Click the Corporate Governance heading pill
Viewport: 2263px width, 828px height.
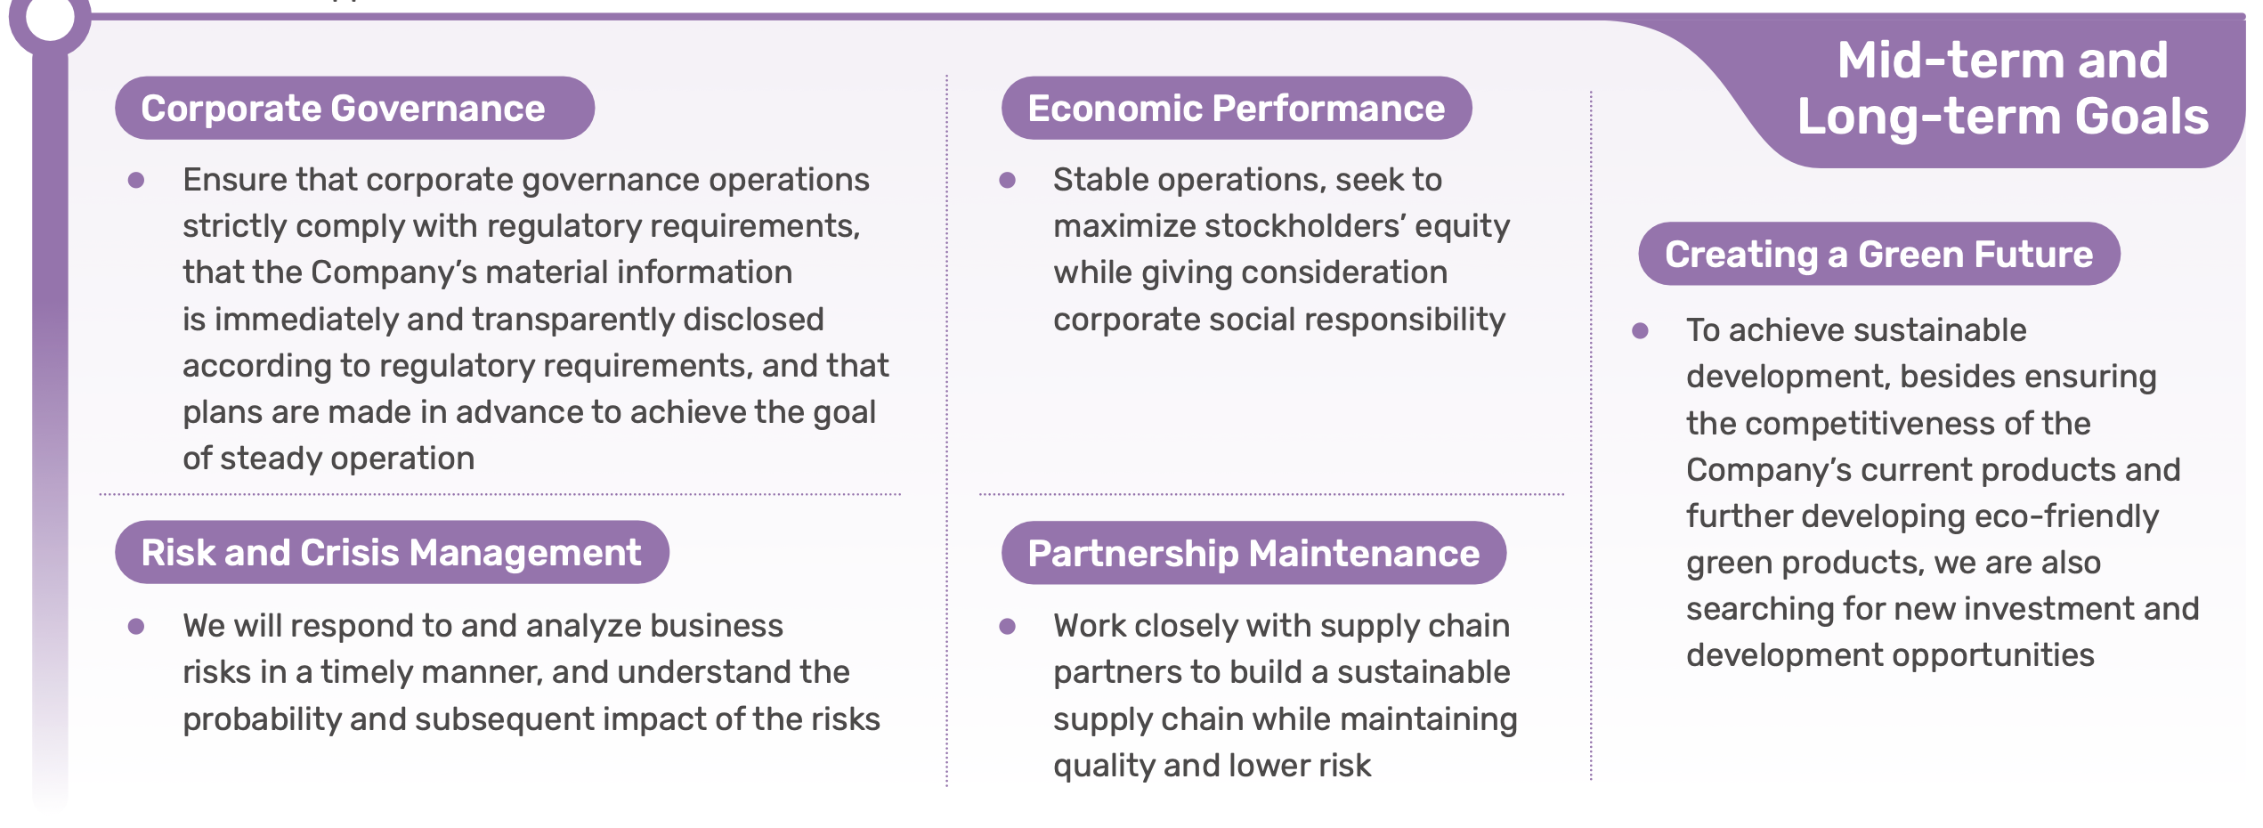point(354,108)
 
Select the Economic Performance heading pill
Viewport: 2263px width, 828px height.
point(1237,108)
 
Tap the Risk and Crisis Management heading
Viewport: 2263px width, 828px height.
point(392,552)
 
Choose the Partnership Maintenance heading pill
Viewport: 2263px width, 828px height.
point(1253,553)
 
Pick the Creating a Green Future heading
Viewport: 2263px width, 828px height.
point(1879,254)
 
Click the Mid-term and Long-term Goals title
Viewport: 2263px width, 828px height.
point(2003,88)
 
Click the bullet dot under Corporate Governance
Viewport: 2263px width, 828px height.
point(136,180)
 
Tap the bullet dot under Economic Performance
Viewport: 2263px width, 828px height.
point(1008,180)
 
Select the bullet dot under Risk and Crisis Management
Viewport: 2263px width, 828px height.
point(136,626)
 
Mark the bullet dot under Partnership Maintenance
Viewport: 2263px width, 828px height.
point(1008,626)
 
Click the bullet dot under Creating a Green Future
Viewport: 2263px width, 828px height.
point(1641,331)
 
